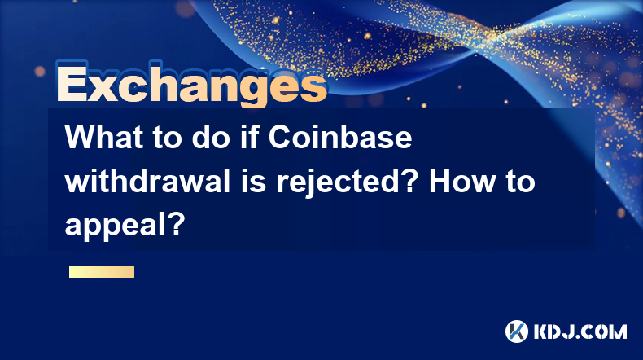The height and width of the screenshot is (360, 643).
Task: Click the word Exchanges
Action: click(191, 83)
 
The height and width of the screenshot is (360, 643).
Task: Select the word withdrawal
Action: click(147, 182)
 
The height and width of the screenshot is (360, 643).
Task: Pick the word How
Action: click(461, 182)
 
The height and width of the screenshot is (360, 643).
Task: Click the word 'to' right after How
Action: click(520, 182)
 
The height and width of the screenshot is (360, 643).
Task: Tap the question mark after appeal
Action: click(177, 226)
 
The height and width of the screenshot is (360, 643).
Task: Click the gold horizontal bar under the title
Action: click(102, 272)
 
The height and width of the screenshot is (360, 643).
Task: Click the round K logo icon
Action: click(517, 331)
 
